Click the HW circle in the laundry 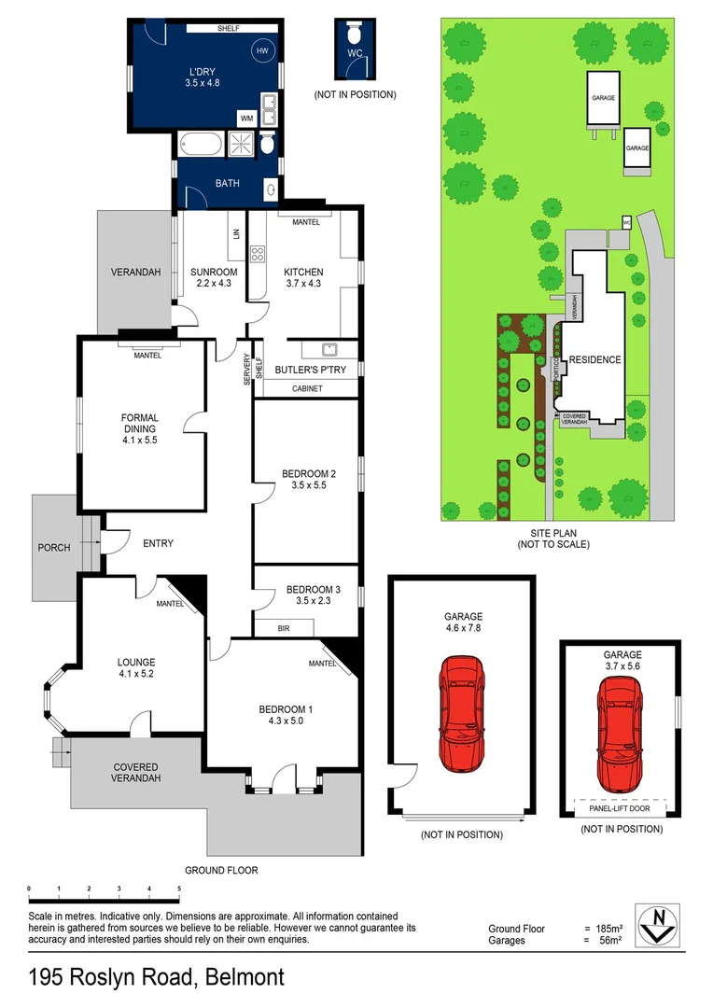262,50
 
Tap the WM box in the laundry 246,119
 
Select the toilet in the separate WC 354,35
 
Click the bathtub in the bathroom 199,146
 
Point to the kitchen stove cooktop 259,252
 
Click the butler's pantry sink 329,351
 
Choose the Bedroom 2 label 308,480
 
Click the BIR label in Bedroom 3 285,629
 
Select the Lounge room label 136,667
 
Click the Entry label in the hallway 158,543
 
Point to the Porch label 54,548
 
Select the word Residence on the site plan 594,359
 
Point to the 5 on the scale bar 178,889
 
